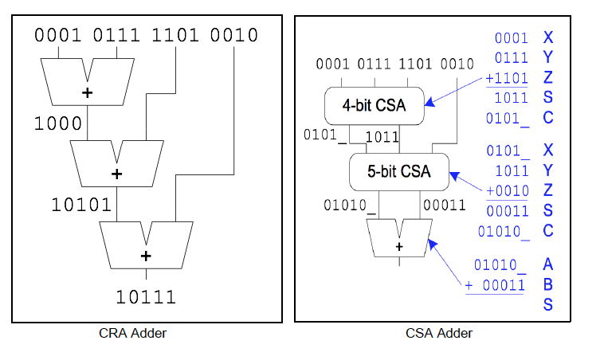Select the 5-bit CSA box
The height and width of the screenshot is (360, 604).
(398, 171)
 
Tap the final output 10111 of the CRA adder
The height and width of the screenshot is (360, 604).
(146, 297)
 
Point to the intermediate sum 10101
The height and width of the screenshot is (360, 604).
(81, 204)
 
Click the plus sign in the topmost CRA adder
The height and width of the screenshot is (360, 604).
(88, 93)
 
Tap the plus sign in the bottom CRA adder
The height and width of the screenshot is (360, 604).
(145, 256)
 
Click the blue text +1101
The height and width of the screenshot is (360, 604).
(505, 79)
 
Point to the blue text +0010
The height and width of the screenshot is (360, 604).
(505, 190)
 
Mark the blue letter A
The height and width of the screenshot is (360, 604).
(547, 264)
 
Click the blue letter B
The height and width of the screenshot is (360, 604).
(547, 284)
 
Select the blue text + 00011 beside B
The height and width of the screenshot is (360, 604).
(496, 285)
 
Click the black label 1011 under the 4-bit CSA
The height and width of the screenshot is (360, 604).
(382, 137)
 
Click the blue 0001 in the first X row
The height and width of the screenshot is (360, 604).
(511, 38)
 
